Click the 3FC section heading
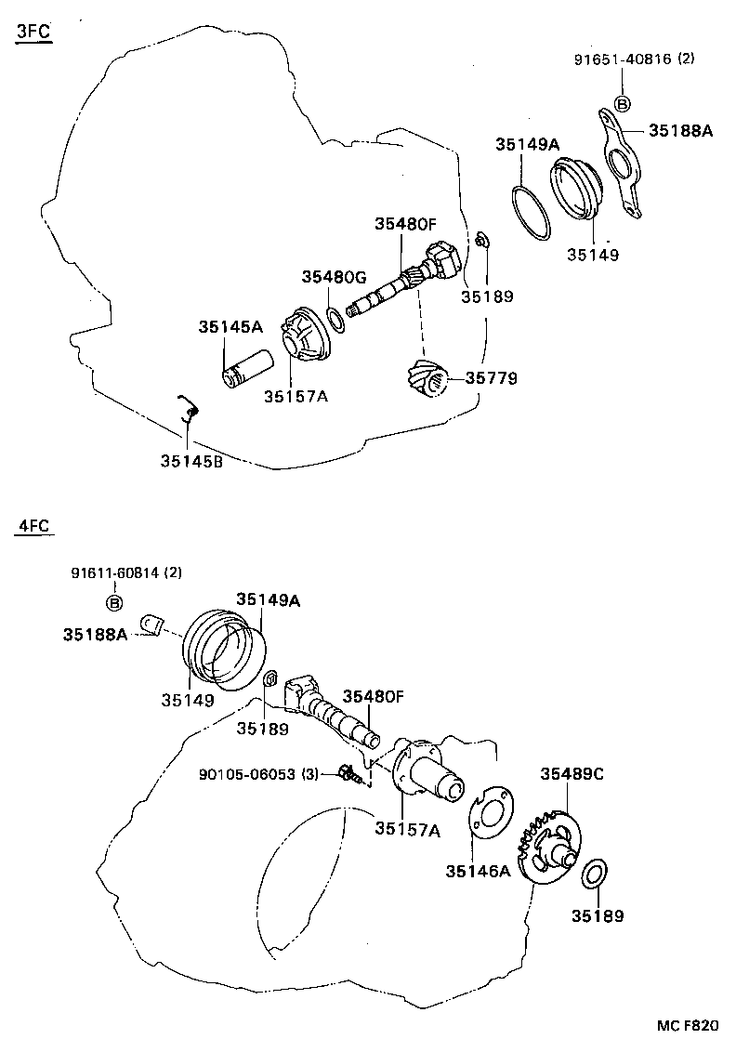coord(33,34)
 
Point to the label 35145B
coord(191,462)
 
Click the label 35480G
coord(335,277)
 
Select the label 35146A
coord(478,871)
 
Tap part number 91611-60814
coord(117,573)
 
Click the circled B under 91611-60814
coord(116,604)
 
